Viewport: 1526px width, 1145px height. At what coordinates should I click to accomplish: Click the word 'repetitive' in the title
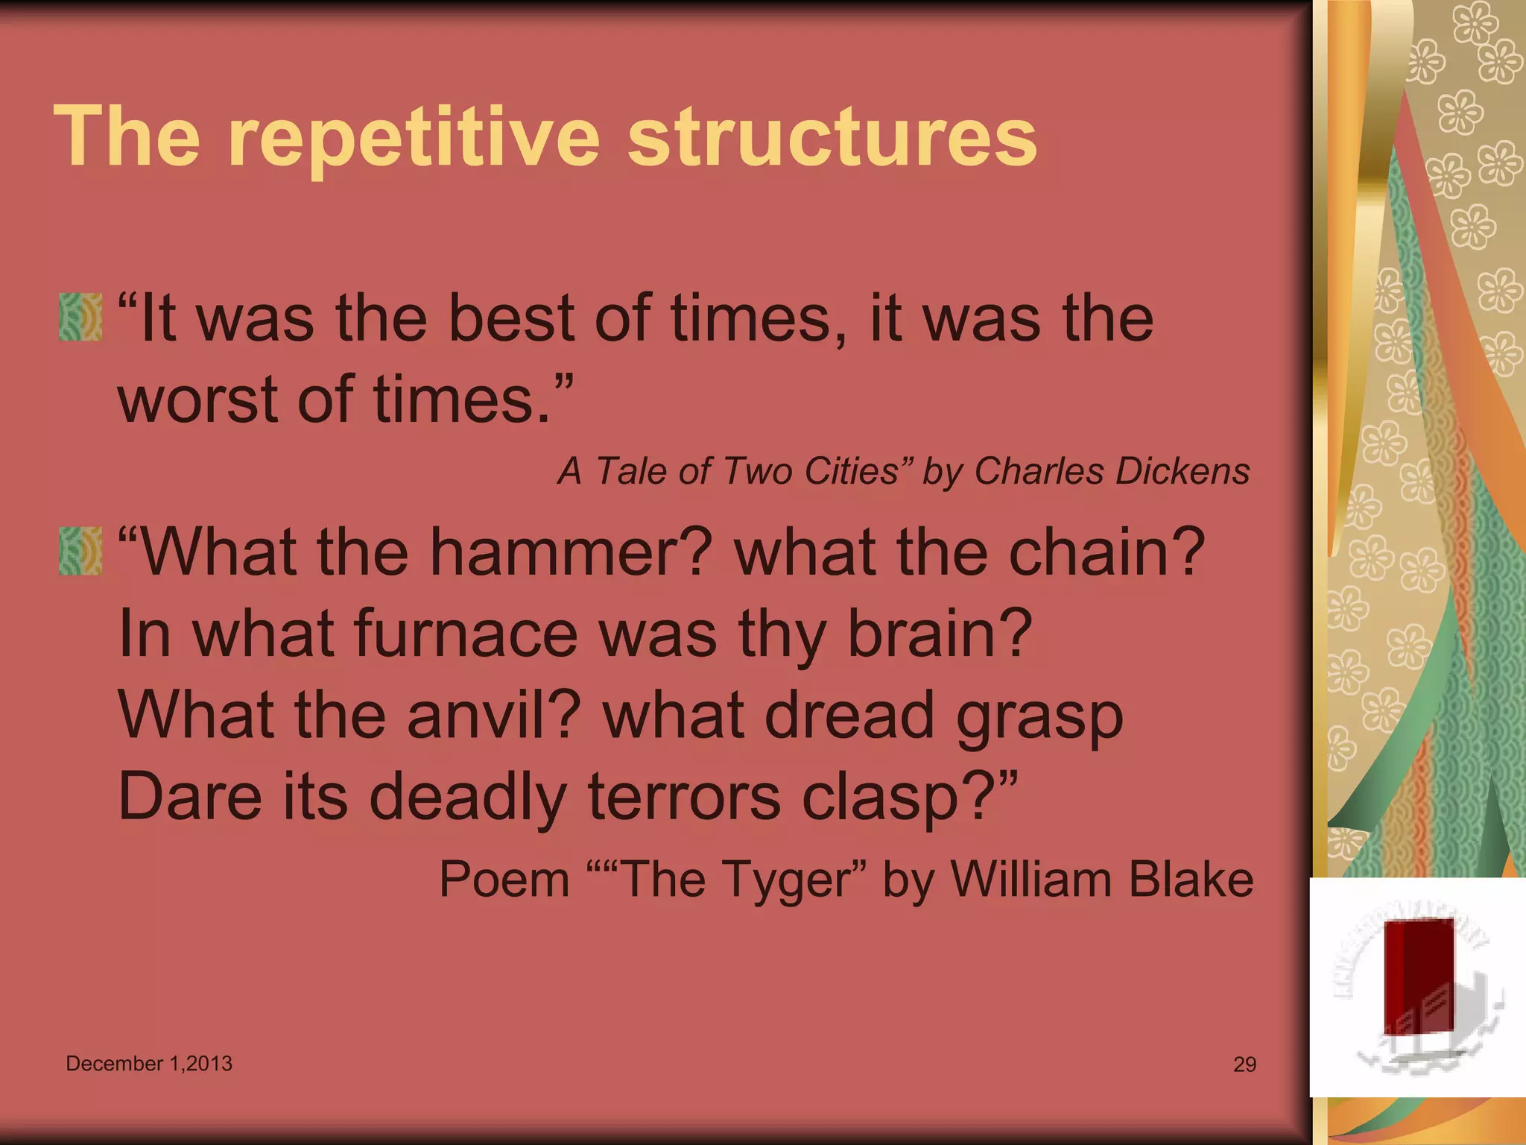pyautogui.click(x=414, y=139)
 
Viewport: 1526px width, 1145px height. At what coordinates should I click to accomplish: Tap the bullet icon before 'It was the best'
pyautogui.click(x=80, y=317)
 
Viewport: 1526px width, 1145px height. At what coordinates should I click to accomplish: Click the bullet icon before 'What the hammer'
pyautogui.click(x=80, y=551)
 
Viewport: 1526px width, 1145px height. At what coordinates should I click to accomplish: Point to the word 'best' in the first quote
pyautogui.click(x=511, y=319)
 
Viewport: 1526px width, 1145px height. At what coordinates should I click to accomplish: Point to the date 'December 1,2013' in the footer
pyautogui.click(x=149, y=1064)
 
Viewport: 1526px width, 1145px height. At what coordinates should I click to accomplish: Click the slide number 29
pyautogui.click(x=1245, y=1064)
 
